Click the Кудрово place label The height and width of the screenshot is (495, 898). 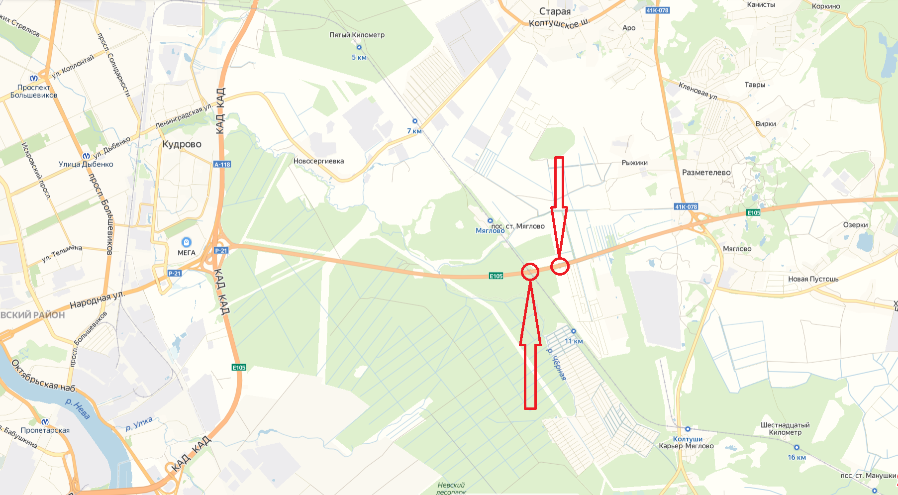tap(182, 144)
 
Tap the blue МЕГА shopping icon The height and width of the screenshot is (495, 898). tap(187, 242)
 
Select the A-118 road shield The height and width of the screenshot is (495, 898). tap(222, 164)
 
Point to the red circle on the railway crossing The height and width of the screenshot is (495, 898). tap(530, 272)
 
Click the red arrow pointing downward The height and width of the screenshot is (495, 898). tap(559, 209)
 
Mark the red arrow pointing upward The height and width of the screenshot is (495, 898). tap(530, 343)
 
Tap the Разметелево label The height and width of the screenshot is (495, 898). tap(706, 173)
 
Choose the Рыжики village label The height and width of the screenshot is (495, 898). tap(634, 163)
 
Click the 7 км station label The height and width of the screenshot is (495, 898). tap(414, 131)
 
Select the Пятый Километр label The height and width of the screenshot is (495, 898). tap(357, 35)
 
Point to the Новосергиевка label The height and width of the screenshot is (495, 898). tap(318, 161)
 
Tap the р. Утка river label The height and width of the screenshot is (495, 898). tap(139, 424)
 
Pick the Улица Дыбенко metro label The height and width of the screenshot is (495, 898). tap(86, 164)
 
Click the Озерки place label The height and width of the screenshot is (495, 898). tap(855, 225)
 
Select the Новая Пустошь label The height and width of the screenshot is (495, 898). tap(813, 279)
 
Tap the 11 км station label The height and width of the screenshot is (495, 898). tap(574, 341)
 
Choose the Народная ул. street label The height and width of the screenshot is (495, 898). tap(97, 300)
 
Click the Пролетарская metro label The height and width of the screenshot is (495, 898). tap(45, 430)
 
